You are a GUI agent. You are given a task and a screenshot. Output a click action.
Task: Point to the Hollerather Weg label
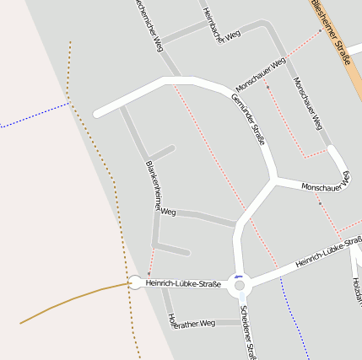click(x=192, y=322)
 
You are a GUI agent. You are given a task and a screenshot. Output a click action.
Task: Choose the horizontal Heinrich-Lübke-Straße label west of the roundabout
click(x=183, y=284)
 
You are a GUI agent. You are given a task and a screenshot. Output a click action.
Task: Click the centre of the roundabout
click(x=240, y=285)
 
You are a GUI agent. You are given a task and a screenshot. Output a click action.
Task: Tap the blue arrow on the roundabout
click(x=239, y=276)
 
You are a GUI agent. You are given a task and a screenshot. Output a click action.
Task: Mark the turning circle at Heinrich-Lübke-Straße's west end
click(x=134, y=282)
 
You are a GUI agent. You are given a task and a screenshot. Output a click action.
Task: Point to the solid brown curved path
click(x=68, y=300)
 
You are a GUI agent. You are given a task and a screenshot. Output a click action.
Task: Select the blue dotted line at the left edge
click(x=34, y=116)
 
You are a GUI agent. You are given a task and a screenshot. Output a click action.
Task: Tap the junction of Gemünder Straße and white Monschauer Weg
click(x=275, y=179)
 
